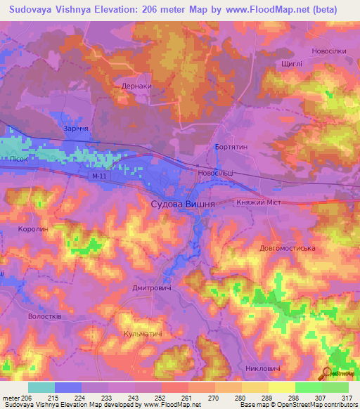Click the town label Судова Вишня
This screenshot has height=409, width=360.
coord(183,203)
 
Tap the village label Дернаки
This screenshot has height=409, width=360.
coord(136,86)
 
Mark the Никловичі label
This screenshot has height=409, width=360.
coord(264,368)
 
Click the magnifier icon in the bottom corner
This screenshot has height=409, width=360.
coord(328,375)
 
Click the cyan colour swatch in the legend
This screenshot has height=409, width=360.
coord(41,387)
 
